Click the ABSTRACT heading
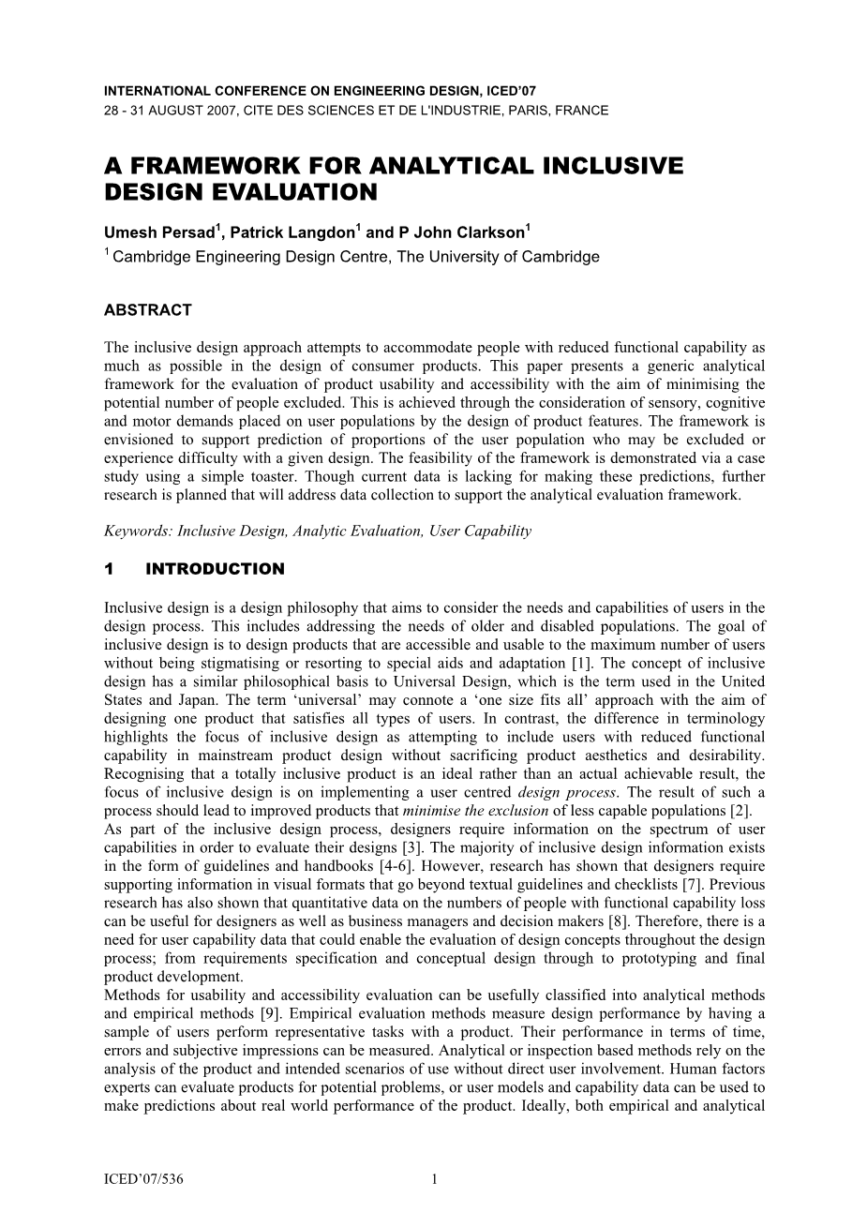point(148,310)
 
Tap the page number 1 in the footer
point(434,1180)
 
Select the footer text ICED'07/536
point(143,1180)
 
